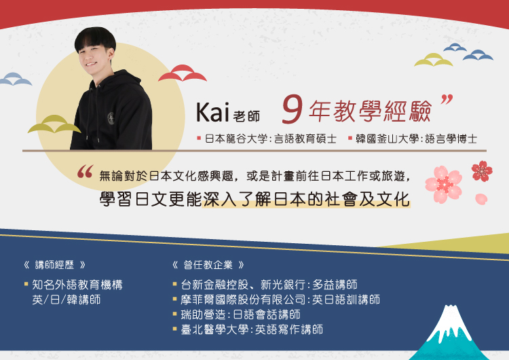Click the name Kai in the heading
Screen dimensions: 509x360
212,112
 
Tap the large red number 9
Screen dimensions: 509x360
293,109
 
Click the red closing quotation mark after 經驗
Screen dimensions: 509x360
447,99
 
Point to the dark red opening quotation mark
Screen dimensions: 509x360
85,172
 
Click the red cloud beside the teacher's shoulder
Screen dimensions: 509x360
183,73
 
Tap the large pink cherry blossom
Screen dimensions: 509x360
443,184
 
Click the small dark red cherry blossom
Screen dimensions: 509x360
482,171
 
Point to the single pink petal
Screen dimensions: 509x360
481,199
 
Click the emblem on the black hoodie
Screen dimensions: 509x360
111,118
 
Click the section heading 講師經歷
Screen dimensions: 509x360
54,265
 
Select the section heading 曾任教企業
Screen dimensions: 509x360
208,265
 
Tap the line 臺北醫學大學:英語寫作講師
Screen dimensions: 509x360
252,329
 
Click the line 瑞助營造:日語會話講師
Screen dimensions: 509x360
240,314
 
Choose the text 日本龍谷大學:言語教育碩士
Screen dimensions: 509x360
271,139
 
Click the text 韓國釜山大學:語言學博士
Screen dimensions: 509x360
417,139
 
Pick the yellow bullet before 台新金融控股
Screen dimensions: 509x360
175,284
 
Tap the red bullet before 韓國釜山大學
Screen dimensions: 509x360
350,138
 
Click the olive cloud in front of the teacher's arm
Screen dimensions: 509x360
54,124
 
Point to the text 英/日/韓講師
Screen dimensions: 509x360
67,300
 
